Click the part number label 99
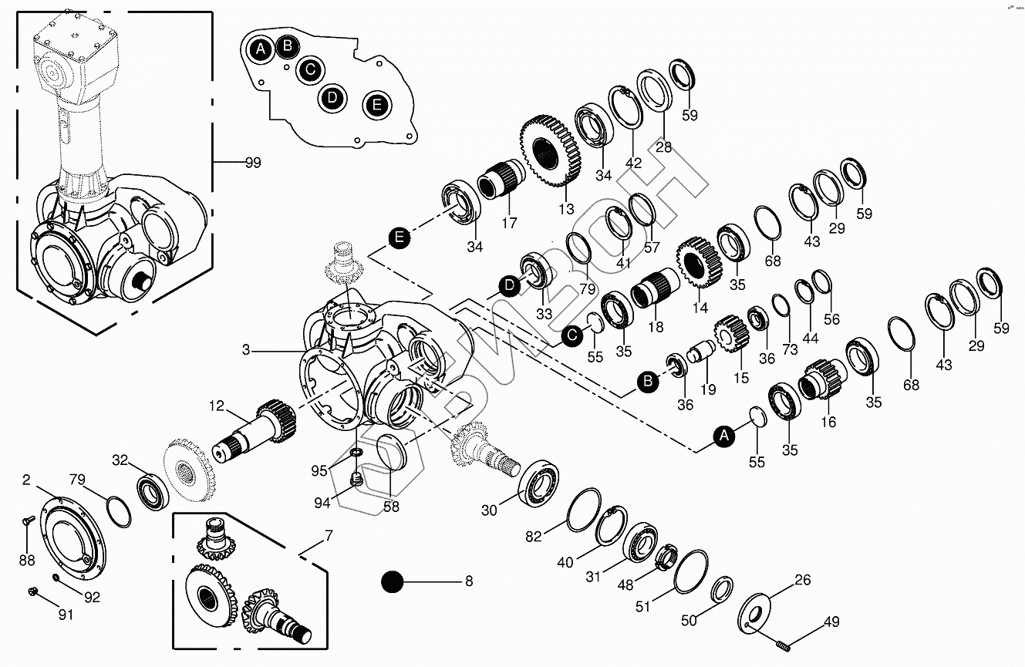(x=253, y=163)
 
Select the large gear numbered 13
(x=551, y=151)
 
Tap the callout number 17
(x=509, y=223)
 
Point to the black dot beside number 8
(x=392, y=581)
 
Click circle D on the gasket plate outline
(x=332, y=97)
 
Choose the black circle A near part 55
(x=724, y=436)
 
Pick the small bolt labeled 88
(x=29, y=520)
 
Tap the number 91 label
(x=66, y=615)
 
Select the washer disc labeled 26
(x=754, y=614)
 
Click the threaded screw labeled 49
(x=784, y=646)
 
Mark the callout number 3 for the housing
(x=246, y=350)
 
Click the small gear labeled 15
(x=731, y=334)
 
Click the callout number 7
(x=329, y=535)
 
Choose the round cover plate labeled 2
(x=73, y=538)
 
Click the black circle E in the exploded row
(x=399, y=238)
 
